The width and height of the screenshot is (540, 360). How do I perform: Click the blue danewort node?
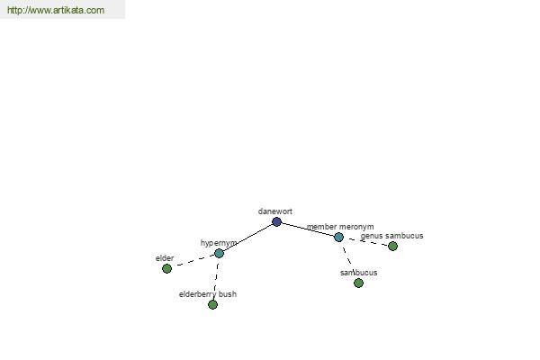click(276, 222)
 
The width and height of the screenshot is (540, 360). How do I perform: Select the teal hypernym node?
click(219, 254)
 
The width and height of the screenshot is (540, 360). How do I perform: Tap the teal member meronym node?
click(339, 237)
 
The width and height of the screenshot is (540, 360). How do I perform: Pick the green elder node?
click(166, 268)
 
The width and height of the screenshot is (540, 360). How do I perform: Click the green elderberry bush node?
click(212, 304)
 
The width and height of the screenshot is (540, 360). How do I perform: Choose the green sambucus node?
click(358, 283)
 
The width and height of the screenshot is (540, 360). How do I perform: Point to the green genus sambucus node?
click(392, 246)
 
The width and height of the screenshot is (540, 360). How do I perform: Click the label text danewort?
click(275, 211)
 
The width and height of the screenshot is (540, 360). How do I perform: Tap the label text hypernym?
click(219, 243)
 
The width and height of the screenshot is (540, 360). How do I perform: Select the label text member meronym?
click(340, 227)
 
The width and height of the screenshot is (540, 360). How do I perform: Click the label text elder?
click(165, 258)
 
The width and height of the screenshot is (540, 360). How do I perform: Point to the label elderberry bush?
click(208, 294)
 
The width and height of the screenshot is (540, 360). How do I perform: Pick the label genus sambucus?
click(391, 236)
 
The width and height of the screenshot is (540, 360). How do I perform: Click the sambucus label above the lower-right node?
click(358, 273)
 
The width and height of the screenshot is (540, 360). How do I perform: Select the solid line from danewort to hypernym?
click(248, 238)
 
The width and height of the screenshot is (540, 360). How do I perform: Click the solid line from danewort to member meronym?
click(308, 229)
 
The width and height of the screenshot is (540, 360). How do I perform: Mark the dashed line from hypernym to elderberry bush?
click(216, 279)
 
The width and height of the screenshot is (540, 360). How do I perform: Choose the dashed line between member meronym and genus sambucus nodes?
click(365, 241)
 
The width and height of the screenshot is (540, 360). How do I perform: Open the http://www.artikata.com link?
click(56, 10)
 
